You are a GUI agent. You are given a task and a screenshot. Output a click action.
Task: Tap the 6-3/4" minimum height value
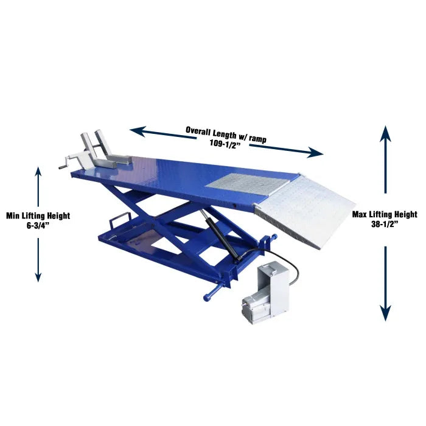(38, 226)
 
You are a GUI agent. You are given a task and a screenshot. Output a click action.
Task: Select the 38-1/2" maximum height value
(385, 224)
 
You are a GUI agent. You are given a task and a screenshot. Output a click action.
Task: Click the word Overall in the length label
(198, 131)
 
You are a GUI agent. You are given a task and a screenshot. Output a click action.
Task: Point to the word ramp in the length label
(257, 139)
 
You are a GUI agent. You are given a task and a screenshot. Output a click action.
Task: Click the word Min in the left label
(13, 215)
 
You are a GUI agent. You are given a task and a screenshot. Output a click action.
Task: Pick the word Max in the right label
(359, 214)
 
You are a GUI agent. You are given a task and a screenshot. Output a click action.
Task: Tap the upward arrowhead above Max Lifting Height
(385, 134)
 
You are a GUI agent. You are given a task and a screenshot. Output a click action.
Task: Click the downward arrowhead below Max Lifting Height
(385, 313)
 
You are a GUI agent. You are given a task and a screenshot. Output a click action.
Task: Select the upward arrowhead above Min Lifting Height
(38, 172)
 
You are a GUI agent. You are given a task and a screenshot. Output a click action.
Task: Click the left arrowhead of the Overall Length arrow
(138, 131)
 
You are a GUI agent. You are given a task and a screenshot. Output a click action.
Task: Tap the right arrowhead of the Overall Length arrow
(315, 153)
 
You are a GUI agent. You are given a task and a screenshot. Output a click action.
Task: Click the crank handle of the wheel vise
(66, 164)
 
